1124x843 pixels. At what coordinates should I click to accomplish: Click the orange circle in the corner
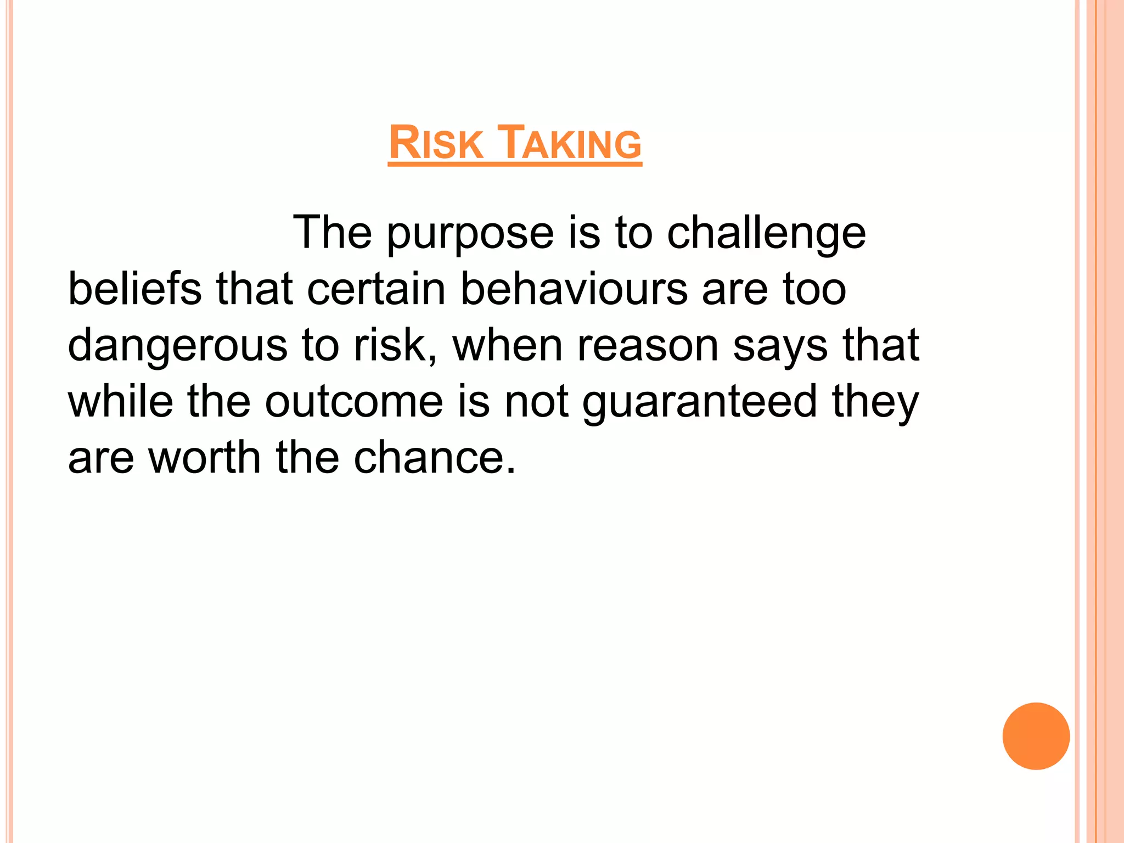[x=1036, y=736]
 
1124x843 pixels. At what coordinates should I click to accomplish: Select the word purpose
[x=470, y=234]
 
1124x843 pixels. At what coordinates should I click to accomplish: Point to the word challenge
[x=766, y=234]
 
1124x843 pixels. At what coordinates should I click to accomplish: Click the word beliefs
[x=134, y=289]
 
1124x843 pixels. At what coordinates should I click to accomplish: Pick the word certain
[x=376, y=289]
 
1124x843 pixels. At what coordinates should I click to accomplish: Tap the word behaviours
[x=574, y=289]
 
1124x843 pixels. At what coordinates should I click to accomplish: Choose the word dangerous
[x=177, y=347]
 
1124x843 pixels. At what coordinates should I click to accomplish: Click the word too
[x=814, y=289]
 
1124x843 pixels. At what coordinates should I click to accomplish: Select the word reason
[x=648, y=346]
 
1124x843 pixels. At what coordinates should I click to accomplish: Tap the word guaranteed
[x=700, y=403]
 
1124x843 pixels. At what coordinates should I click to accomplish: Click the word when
[x=508, y=346]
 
